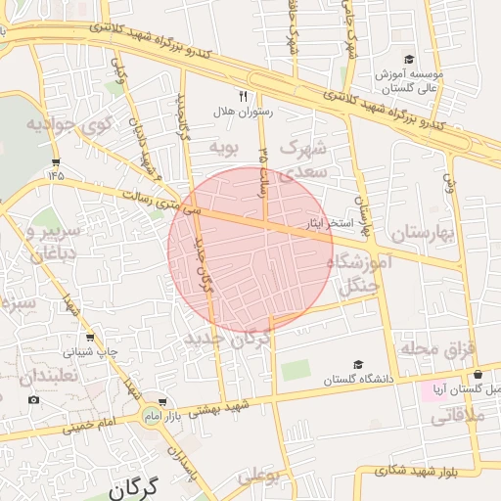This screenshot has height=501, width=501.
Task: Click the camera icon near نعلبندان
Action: pyautogui.click(x=34, y=399)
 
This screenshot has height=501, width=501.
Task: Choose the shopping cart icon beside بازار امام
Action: pyautogui.click(x=162, y=401)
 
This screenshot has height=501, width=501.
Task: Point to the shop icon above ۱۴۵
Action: pyautogui.click(x=56, y=161)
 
